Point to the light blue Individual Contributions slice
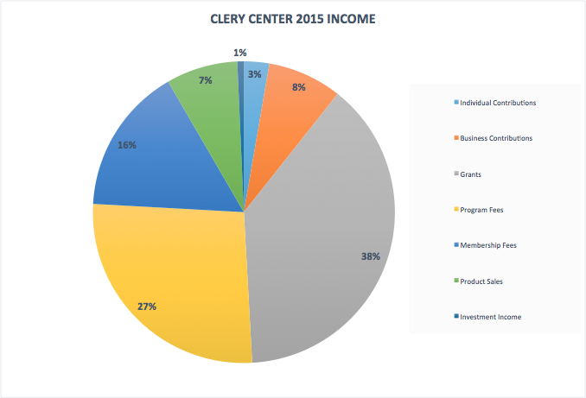253,95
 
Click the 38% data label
371,256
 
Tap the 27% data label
146,306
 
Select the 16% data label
127,145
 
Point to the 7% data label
205,80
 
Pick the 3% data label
255,74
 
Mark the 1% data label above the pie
240,53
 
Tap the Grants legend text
471,174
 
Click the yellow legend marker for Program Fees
455,210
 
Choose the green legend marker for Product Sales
455,281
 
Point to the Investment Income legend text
491,317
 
